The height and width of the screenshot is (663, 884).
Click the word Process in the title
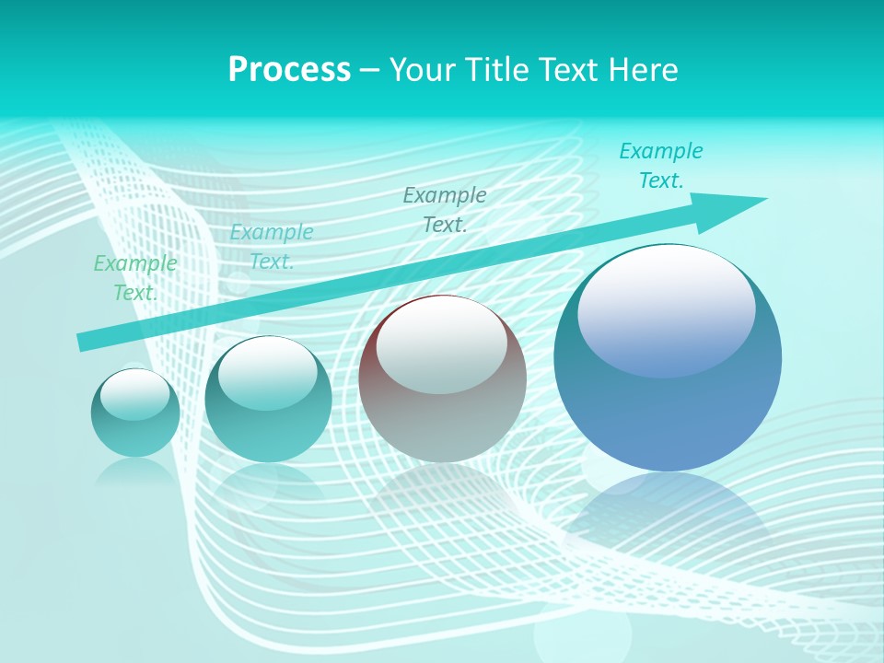[289, 70]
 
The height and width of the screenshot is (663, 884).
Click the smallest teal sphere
[135, 413]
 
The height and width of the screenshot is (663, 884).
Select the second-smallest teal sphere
[268, 400]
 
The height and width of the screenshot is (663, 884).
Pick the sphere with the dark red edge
[442, 379]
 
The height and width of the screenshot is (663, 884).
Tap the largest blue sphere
[668, 359]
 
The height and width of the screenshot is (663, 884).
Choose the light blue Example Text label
[272, 247]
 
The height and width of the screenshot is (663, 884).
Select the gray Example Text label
[445, 210]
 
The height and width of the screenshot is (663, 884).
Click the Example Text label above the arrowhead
[661, 166]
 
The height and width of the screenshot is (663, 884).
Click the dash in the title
[369, 70]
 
